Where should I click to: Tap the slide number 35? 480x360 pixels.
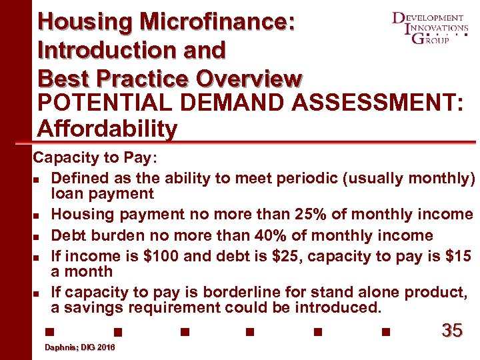(452, 330)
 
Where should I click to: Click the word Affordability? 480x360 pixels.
(107, 129)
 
